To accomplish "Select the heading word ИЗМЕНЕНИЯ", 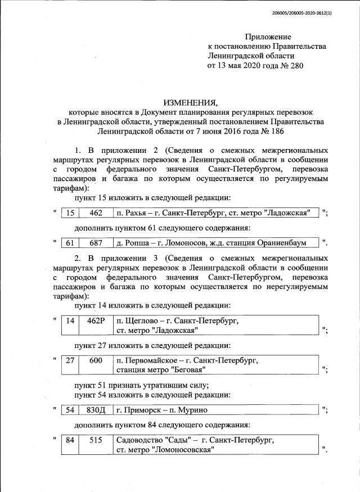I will (x=190, y=102).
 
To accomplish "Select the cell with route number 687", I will (x=96, y=243).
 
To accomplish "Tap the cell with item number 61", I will (x=70, y=243).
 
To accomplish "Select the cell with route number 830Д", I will (x=96, y=410).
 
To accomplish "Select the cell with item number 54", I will (x=70, y=410).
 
